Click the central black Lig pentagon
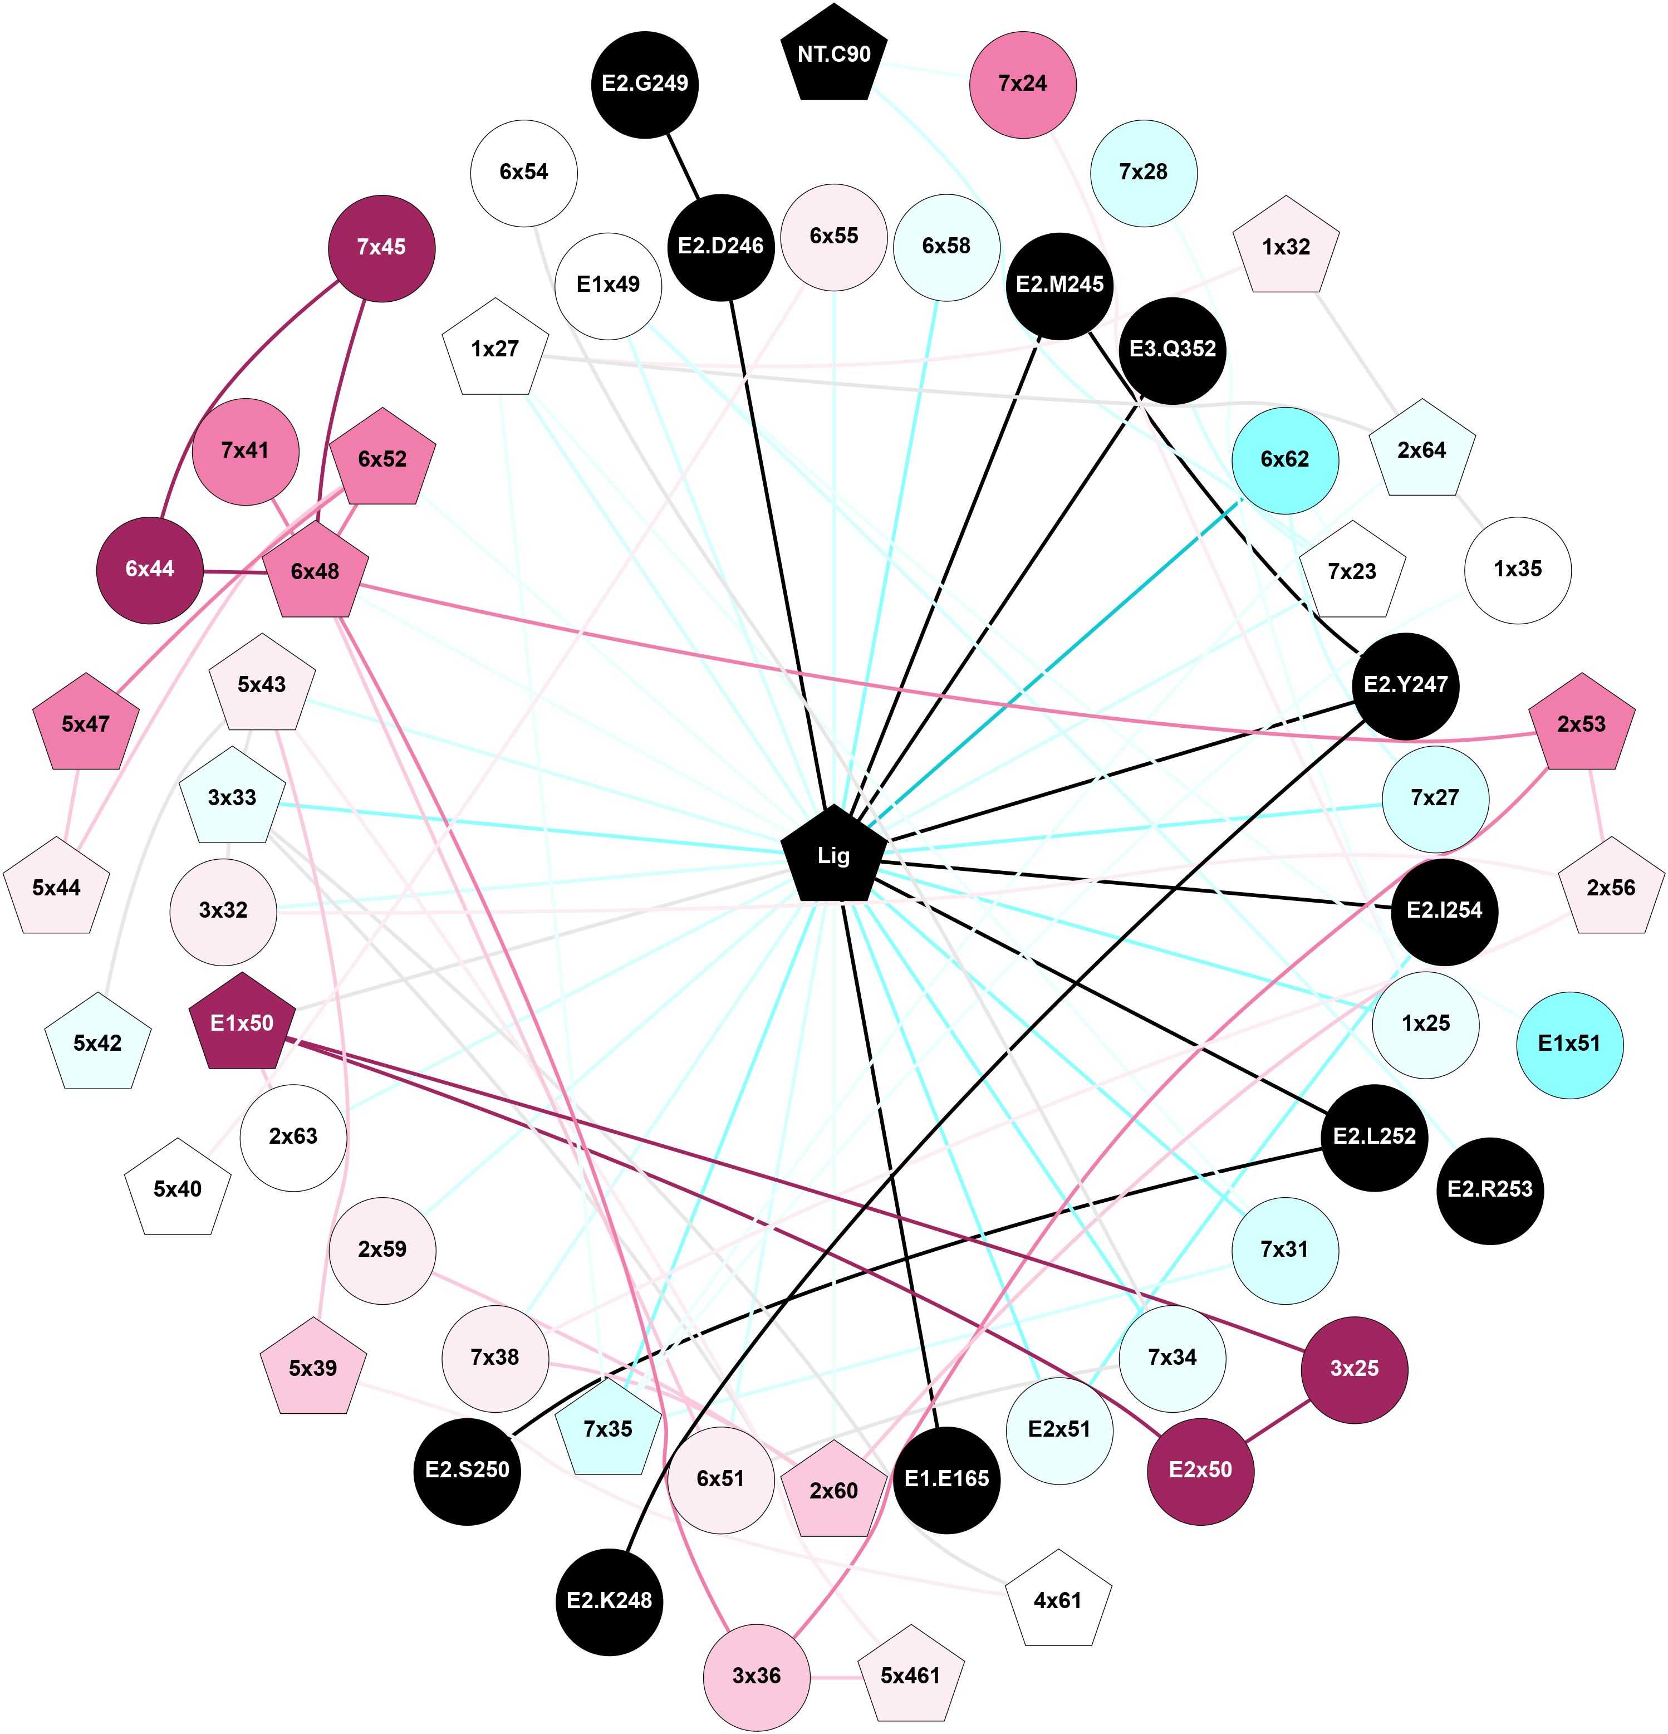tap(833, 855)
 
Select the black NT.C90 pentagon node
tap(833, 55)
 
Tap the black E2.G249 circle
tap(645, 84)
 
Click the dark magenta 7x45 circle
tap(381, 248)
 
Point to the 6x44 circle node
tap(149, 570)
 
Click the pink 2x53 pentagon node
tap(1581, 724)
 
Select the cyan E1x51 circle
tap(1569, 1044)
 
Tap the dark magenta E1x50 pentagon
tap(242, 1023)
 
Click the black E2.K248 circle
tap(610, 1600)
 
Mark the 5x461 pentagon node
tap(910, 1676)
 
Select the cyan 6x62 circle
tap(1284, 460)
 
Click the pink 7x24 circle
tap(1022, 84)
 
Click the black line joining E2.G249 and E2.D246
tap(683, 165)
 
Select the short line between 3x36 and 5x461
tap(835, 1677)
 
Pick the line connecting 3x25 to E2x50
tap(1277, 1419)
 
